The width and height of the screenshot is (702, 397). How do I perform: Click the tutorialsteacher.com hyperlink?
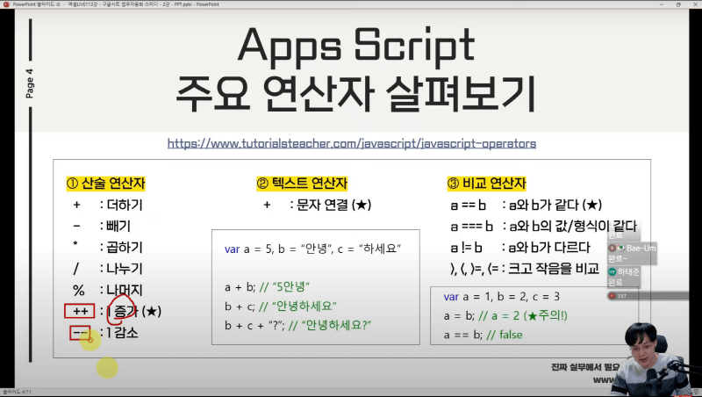point(351,142)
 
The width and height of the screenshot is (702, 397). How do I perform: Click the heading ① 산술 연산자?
point(105,184)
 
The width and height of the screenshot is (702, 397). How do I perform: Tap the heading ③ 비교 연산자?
point(486,184)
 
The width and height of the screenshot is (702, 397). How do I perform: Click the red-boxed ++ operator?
point(80,312)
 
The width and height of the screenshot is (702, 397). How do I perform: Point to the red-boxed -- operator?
point(79,333)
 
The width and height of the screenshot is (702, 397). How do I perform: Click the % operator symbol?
point(79,290)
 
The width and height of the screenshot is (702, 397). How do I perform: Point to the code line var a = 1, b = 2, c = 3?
point(502,297)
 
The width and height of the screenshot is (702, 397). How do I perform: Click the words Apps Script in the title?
point(358,47)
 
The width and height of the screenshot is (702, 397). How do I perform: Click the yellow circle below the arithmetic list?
point(107,367)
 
